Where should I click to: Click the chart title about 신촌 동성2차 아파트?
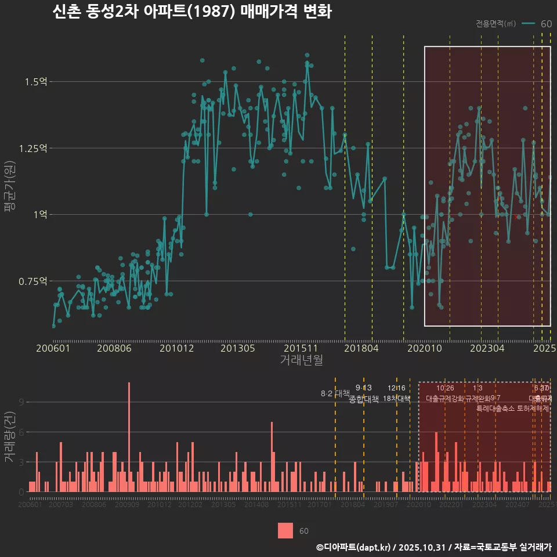[x=191, y=12]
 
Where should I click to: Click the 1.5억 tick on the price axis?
[x=35, y=82]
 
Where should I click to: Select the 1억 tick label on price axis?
[x=39, y=215]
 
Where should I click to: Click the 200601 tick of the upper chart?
[x=53, y=348]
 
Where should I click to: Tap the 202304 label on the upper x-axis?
[x=487, y=348]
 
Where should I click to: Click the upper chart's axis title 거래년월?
[x=301, y=360]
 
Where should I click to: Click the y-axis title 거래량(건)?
[x=10, y=437]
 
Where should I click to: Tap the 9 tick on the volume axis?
[x=21, y=402]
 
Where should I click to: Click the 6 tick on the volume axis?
[x=21, y=432]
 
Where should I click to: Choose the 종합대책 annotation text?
[x=364, y=399]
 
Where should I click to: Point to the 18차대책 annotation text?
[x=397, y=399]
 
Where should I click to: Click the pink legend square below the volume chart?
[x=285, y=530]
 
